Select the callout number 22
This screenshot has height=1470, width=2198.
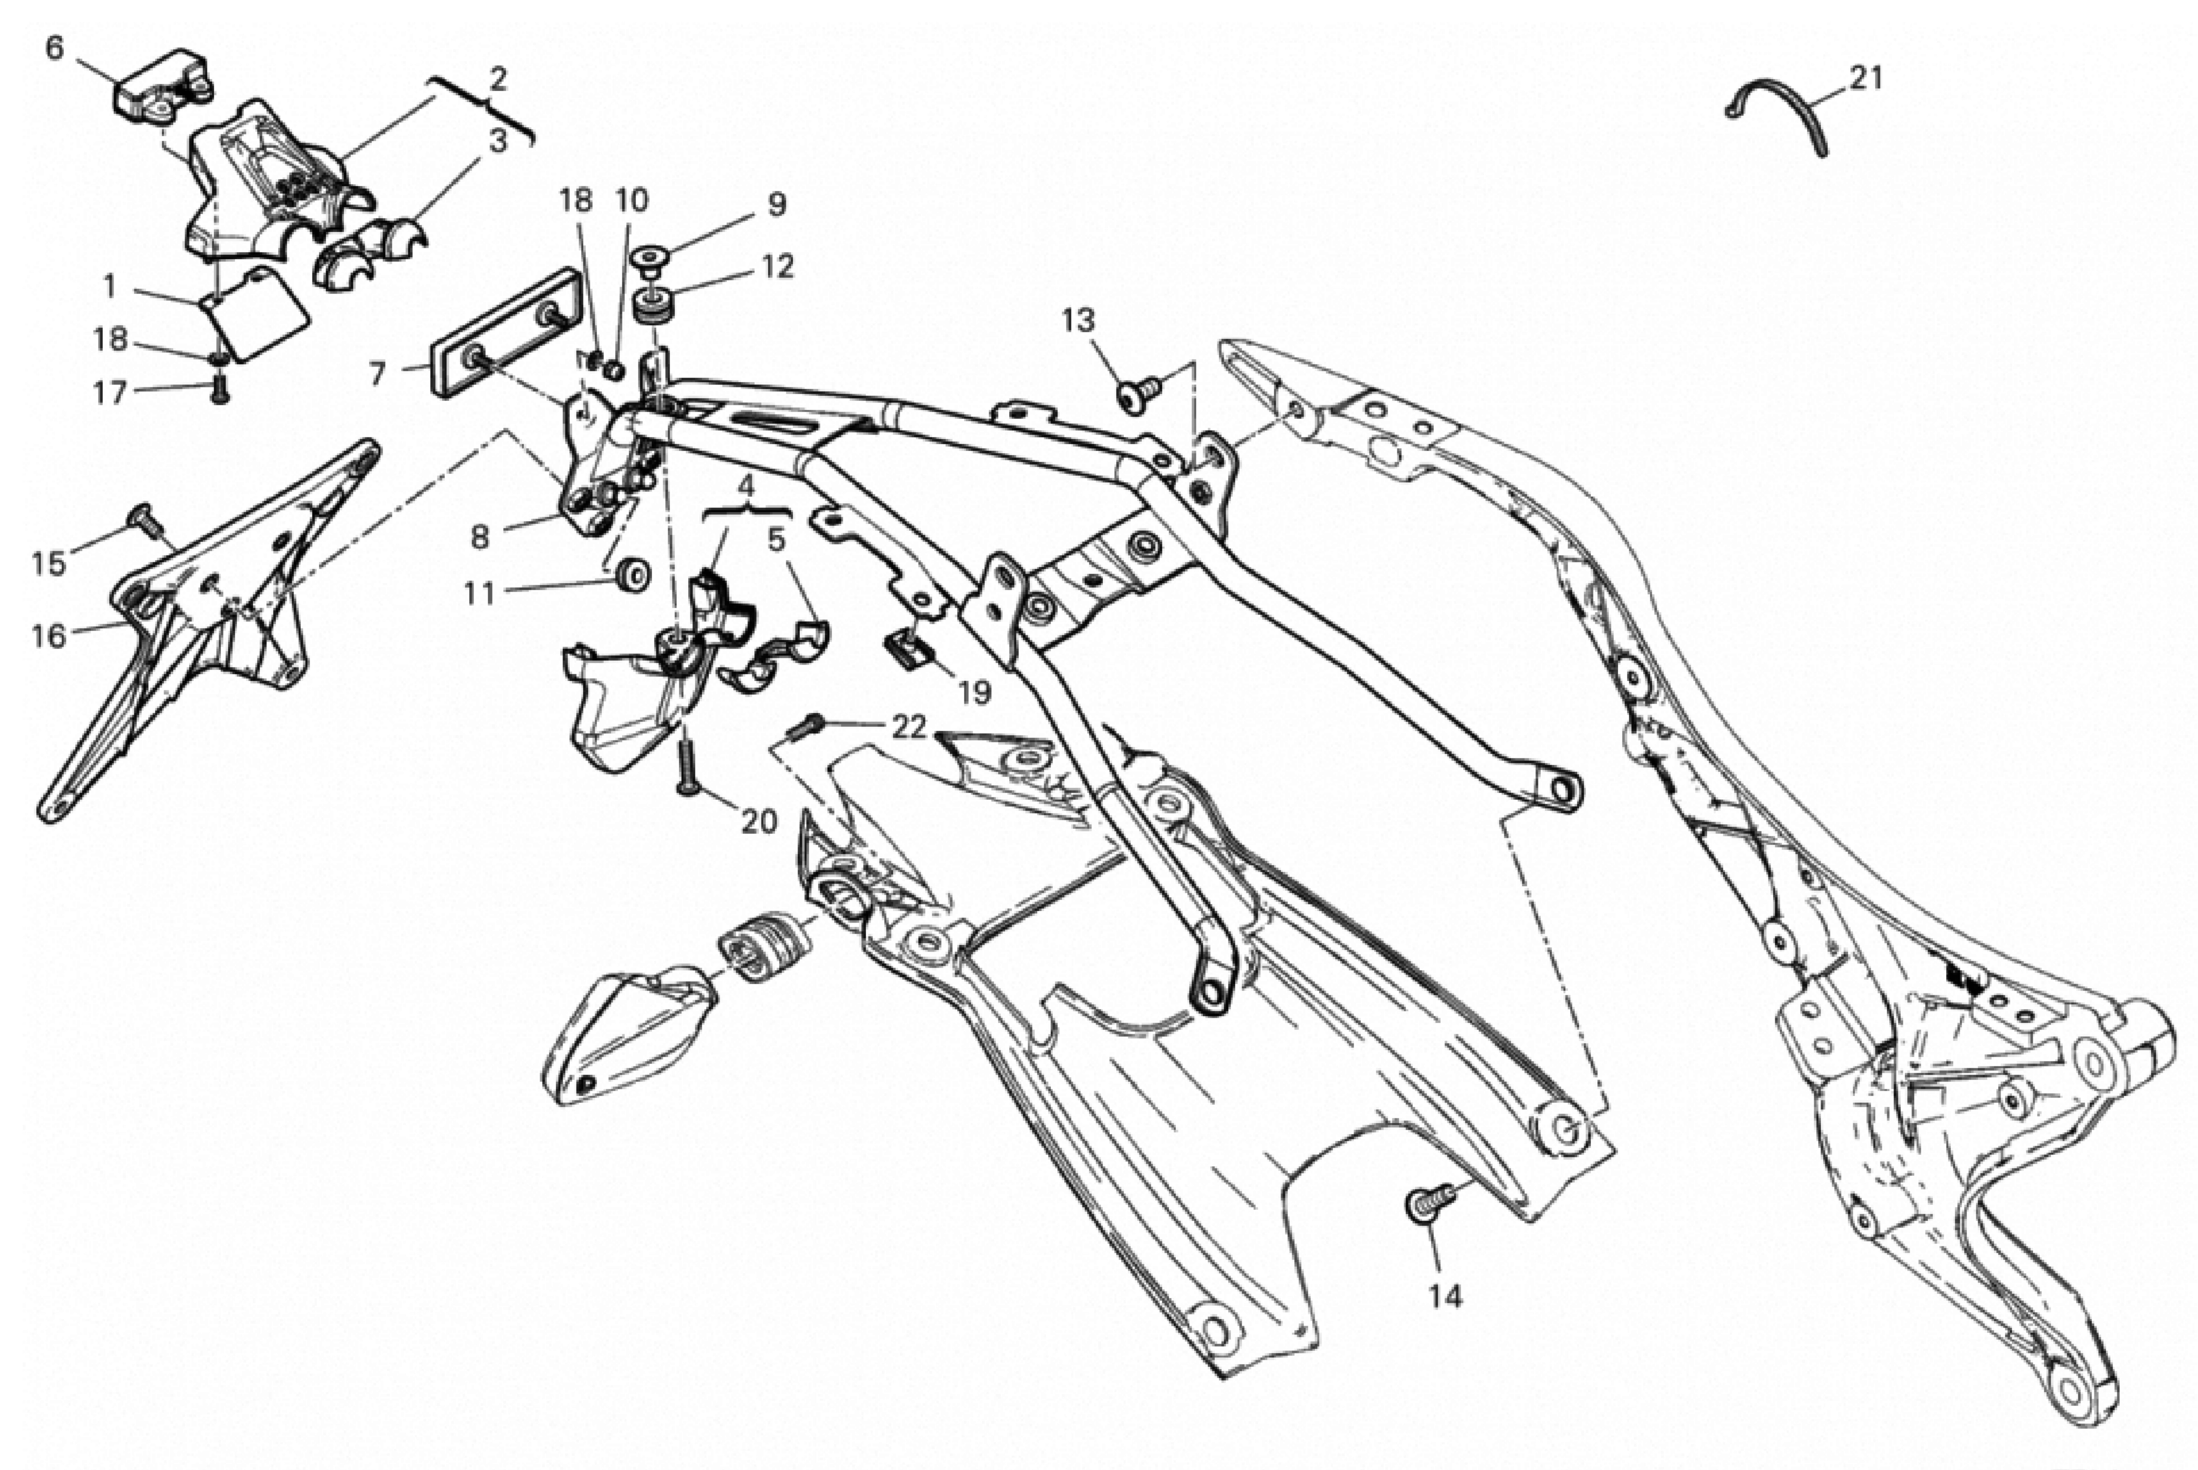[909, 726]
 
